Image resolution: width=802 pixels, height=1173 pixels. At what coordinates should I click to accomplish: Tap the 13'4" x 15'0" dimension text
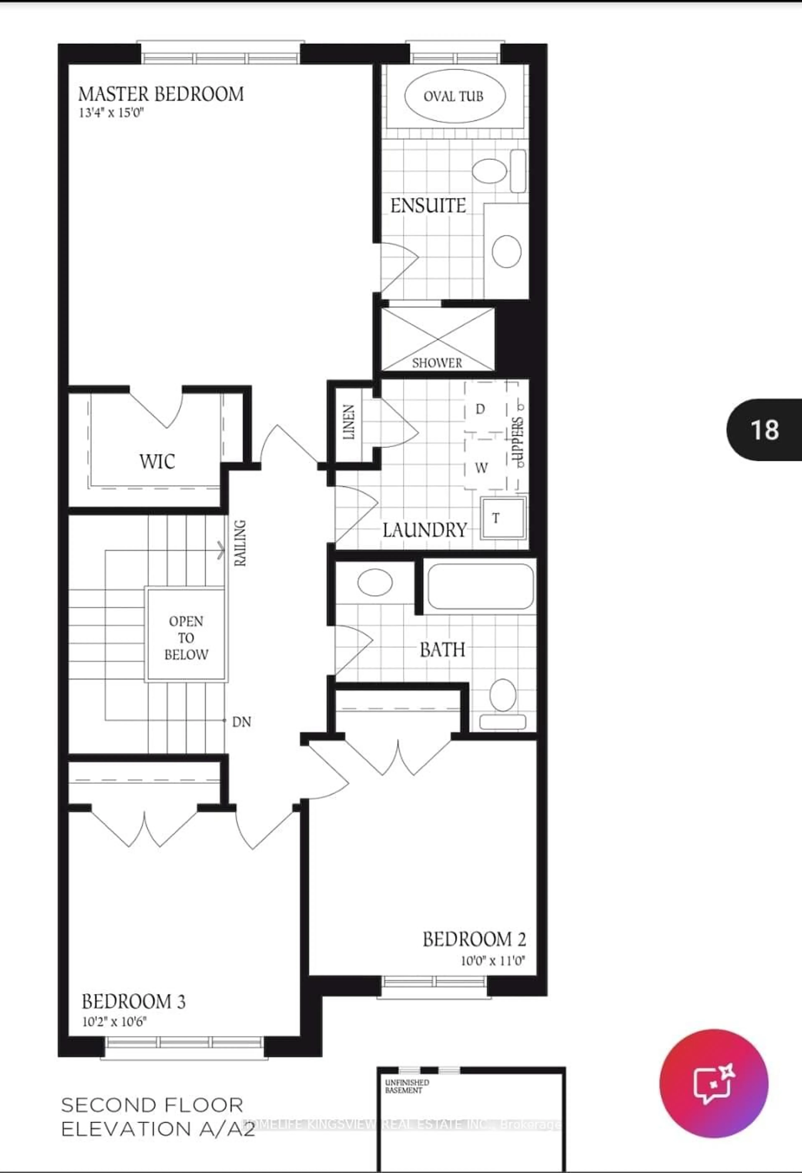[x=111, y=113]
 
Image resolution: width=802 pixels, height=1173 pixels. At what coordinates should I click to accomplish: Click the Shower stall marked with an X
[x=437, y=339]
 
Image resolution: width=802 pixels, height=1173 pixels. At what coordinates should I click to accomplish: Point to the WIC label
[x=157, y=461]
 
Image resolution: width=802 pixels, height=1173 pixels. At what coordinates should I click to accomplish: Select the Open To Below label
[x=186, y=638]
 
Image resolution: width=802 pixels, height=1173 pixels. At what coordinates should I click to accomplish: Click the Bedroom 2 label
[x=474, y=939]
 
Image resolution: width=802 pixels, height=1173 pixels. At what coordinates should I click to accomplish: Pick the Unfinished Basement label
[x=407, y=1086]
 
